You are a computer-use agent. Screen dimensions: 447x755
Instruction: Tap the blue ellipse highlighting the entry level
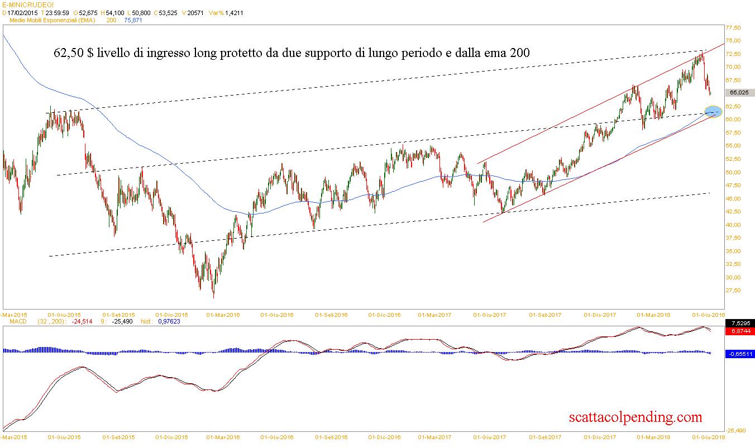tap(713, 112)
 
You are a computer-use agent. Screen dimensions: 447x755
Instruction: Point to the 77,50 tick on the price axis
tap(732, 27)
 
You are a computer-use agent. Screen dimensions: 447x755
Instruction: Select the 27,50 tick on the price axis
tap(732, 291)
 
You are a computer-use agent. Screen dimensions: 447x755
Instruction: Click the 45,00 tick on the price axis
tap(732, 198)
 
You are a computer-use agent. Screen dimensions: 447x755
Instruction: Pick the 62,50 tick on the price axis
tap(732, 106)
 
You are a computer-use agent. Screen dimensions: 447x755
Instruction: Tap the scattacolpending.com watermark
tap(635, 417)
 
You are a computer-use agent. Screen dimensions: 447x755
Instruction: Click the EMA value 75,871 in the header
tap(133, 20)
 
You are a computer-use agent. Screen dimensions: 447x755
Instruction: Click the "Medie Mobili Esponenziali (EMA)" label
tap(53, 20)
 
